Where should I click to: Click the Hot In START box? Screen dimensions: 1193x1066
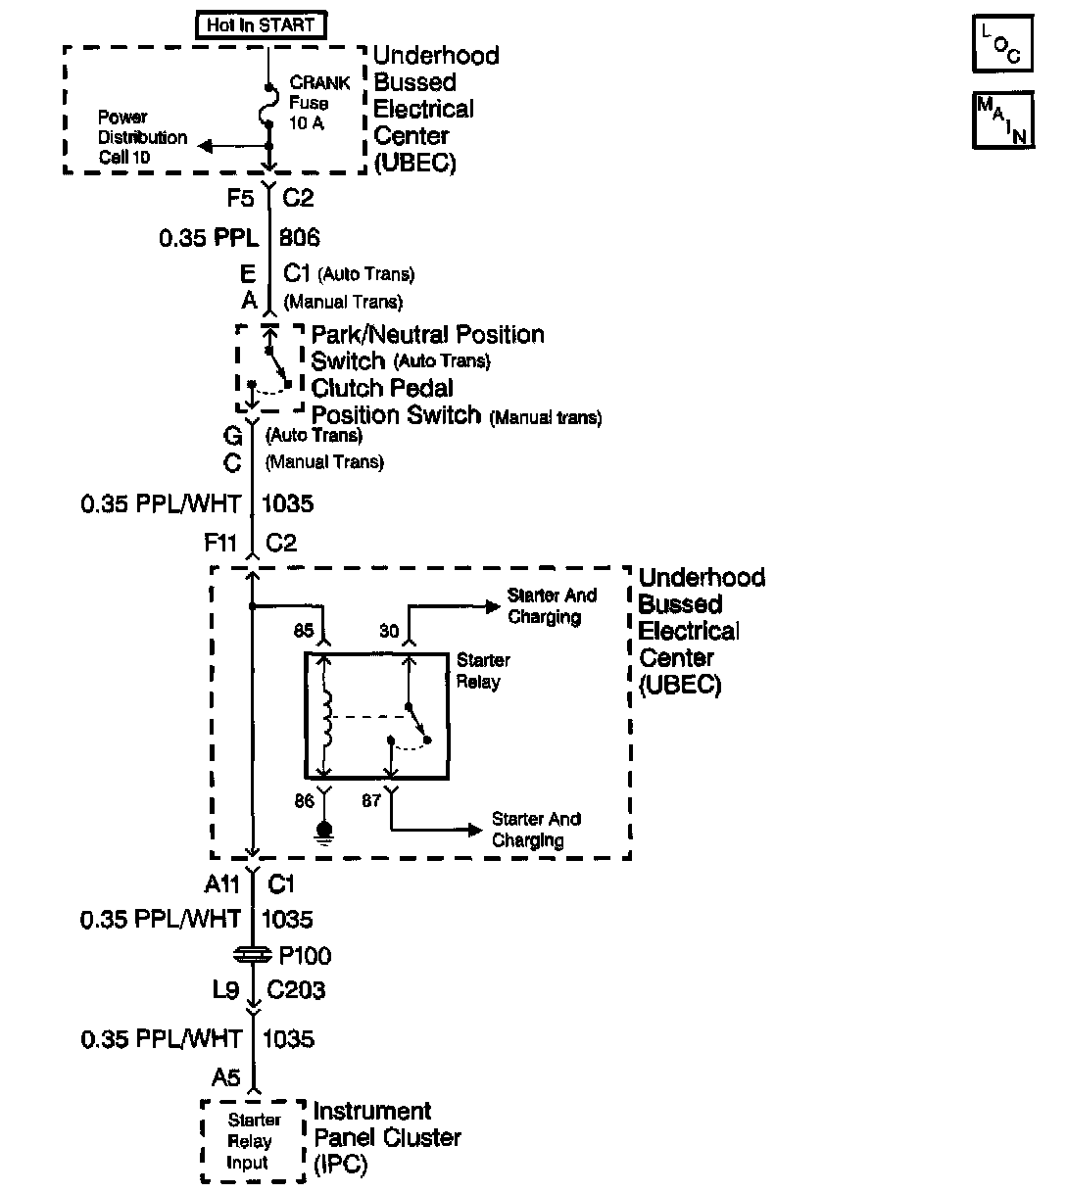coord(261,25)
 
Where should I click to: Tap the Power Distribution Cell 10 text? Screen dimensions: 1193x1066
coord(142,137)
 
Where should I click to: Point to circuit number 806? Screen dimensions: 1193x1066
coord(300,238)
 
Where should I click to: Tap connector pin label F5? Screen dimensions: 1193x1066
coord(241,199)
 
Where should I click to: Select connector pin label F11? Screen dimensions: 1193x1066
coord(222,543)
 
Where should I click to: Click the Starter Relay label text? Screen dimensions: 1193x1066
coord(482,671)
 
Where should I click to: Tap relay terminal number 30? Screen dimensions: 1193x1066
coord(389,632)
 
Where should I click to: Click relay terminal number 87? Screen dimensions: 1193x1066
coord(371,800)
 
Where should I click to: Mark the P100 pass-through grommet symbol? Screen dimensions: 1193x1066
coord(254,955)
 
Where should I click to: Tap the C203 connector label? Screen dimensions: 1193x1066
coord(296,990)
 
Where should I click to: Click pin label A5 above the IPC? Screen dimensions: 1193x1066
coord(226,1078)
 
